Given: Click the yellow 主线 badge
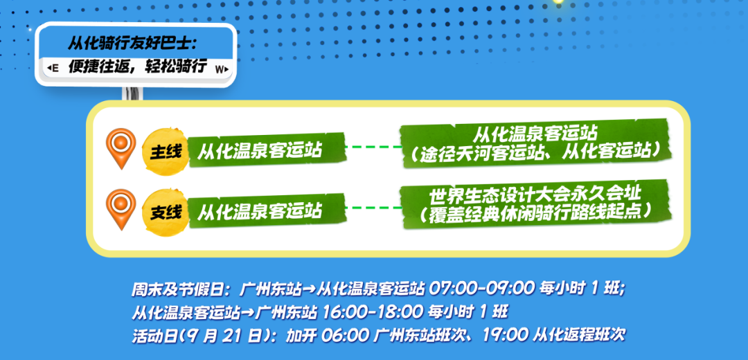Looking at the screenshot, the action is [x=164, y=151].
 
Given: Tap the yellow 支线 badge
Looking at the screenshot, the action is [x=164, y=211].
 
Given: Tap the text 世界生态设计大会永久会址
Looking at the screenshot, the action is [x=535, y=195].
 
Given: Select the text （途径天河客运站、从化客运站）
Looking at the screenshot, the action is [x=535, y=152].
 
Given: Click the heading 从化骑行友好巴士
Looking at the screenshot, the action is [x=132, y=44].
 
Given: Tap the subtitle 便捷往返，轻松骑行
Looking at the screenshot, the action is [x=137, y=67].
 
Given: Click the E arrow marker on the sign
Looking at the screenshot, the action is [x=53, y=69].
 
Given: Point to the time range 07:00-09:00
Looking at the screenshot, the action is [x=482, y=289].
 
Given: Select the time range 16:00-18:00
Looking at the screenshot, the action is [x=373, y=312].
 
